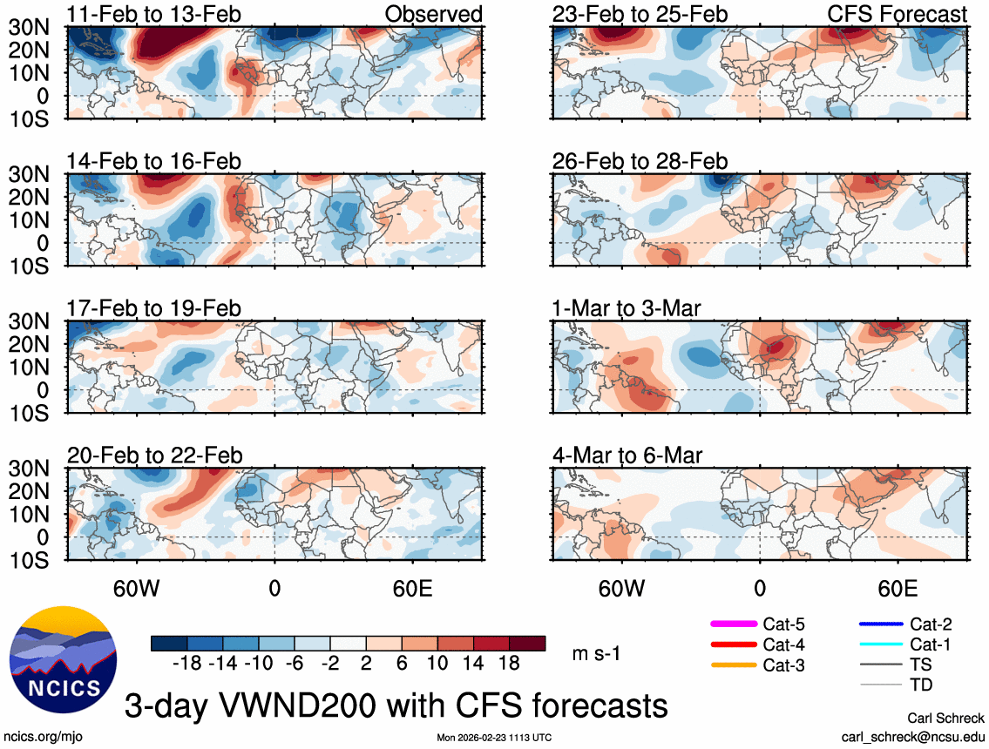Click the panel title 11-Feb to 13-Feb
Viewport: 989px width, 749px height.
pos(154,15)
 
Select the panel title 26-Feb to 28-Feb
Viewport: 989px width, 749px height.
pos(640,162)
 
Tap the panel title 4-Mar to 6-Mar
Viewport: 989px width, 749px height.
pos(627,455)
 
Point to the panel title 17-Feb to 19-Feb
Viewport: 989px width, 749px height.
pos(154,309)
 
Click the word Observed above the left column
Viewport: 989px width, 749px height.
pos(433,15)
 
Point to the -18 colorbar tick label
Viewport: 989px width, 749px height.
pos(187,664)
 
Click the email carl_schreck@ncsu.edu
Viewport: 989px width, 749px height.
pos(912,737)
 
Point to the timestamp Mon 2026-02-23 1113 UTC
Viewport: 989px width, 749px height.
pos(494,738)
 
